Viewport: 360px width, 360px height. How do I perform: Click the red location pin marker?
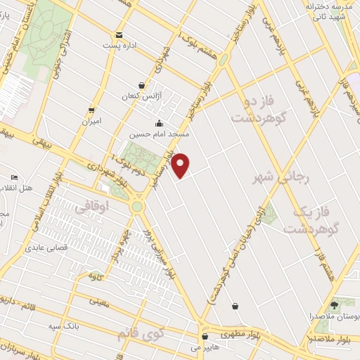181,165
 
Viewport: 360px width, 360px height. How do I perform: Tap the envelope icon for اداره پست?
119,34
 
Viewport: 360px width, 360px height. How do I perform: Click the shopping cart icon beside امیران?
91,110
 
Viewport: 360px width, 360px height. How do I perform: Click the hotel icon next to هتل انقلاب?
14,178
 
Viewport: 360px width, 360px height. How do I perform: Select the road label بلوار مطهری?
238,333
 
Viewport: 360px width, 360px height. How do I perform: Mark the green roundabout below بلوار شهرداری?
136,207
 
